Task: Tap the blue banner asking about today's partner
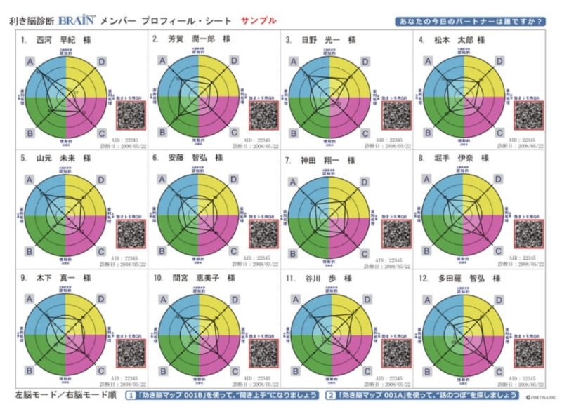[470, 21]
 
